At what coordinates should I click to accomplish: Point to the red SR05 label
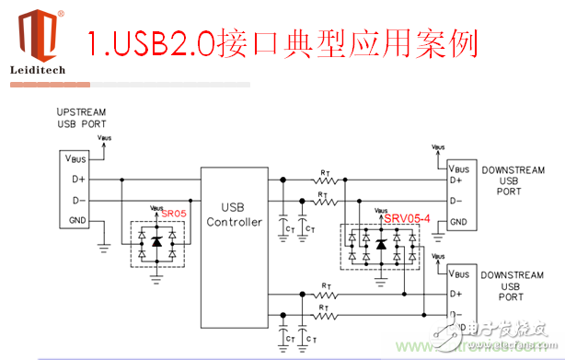(173, 213)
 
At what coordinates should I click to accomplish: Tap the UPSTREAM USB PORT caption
(81, 117)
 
